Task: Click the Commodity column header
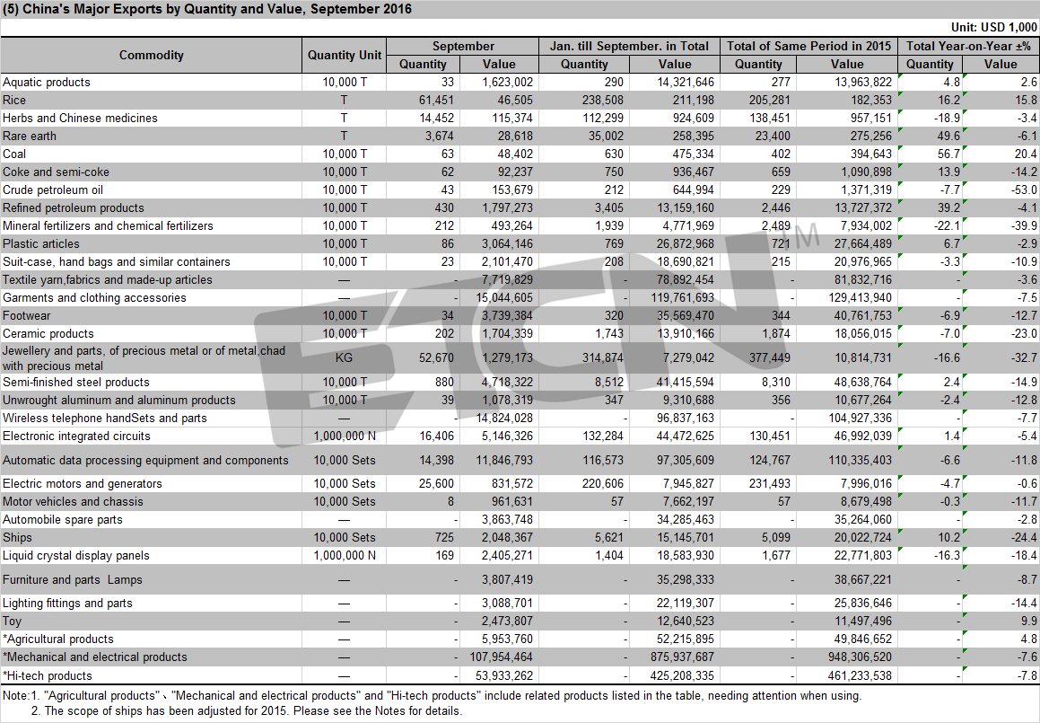click(x=152, y=55)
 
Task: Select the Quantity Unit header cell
click(x=345, y=55)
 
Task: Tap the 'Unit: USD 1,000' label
click(x=993, y=27)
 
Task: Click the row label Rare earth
click(x=30, y=137)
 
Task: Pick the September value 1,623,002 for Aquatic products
click(x=507, y=83)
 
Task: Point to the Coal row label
click(x=14, y=154)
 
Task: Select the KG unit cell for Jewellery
click(x=344, y=357)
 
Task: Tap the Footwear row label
click(x=26, y=316)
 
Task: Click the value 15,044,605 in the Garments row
click(x=504, y=298)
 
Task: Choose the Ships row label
click(x=17, y=538)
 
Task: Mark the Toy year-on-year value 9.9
click(x=1028, y=622)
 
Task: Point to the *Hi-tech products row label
click(x=47, y=676)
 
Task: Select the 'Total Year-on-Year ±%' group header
click(x=968, y=46)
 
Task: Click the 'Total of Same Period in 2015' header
click(x=808, y=46)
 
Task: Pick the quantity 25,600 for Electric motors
click(x=436, y=484)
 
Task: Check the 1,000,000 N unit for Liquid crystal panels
click(x=345, y=556)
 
